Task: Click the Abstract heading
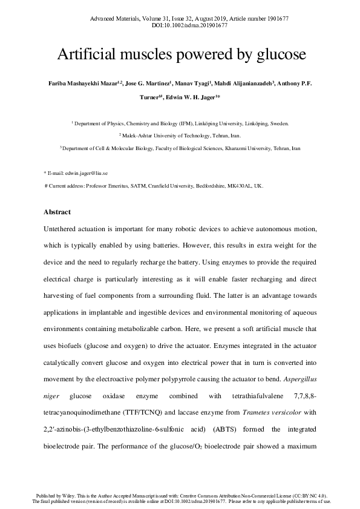[57, 212]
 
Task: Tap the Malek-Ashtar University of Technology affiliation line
[180, 136]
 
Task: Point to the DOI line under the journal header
[180, 26]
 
